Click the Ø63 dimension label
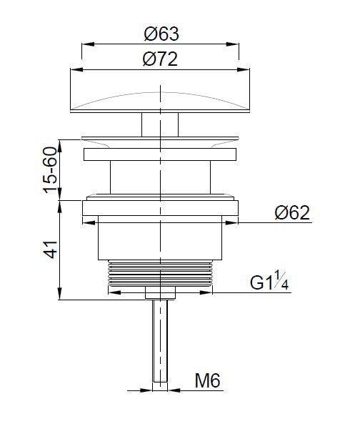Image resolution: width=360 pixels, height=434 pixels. click(160, 34)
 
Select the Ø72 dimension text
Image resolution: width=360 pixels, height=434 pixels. click(160, 60)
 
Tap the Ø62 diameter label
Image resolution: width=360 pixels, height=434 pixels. click(291, 214)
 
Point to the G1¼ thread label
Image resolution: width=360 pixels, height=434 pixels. click(269, 283)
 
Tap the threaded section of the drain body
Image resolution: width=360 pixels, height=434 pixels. click(160, 274)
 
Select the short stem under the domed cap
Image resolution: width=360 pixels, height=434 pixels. click(160, 122)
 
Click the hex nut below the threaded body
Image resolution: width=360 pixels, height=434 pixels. click(160, 293)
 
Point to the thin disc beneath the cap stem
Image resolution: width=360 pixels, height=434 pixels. click(160, 137)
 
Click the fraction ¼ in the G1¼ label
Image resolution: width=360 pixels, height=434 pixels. click(284, 283)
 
